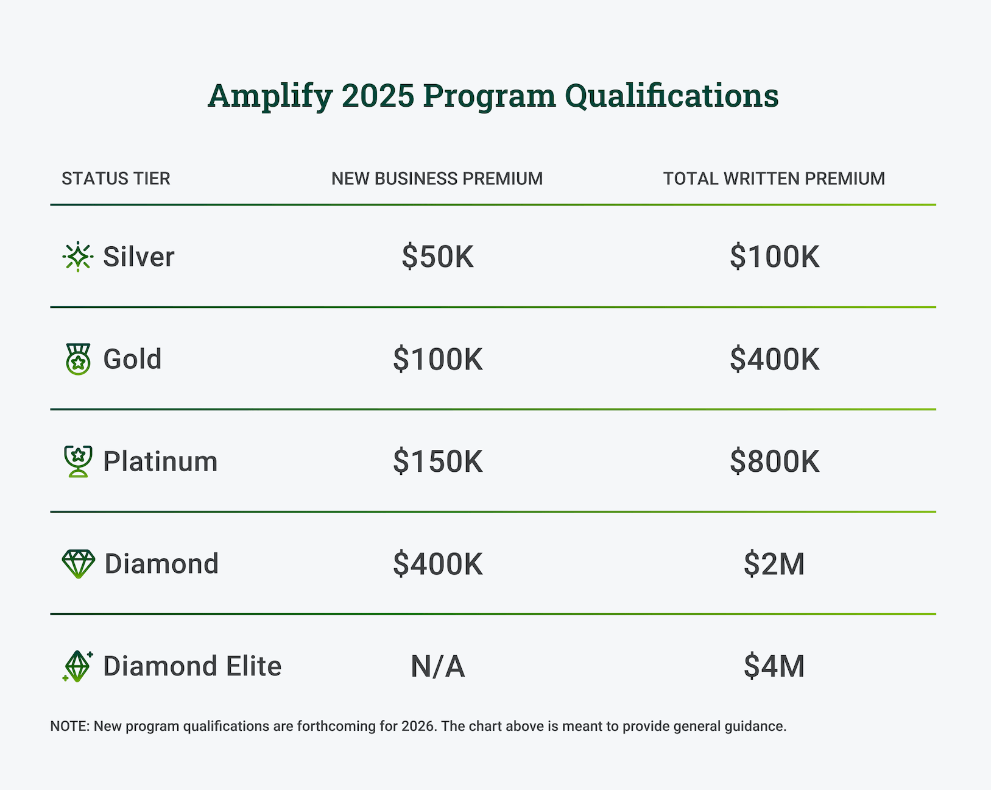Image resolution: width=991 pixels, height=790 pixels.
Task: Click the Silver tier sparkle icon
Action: pos(77,257)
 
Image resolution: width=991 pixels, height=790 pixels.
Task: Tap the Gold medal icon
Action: pos(77,359)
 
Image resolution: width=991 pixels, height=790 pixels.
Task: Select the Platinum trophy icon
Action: pos(77,461)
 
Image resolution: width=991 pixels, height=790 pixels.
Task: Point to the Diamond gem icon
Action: pos(79,564)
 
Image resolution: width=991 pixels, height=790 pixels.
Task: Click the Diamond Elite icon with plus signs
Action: pos(77,666)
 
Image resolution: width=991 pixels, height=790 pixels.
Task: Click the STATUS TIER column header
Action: pos(116,179)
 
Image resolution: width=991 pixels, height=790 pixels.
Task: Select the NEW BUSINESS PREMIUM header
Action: pos(437,179)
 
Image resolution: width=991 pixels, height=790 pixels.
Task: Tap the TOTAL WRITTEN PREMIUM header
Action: pos(774,179)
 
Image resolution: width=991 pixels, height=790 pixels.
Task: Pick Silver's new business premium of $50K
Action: pos(437,257)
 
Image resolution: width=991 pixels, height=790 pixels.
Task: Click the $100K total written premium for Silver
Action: pos(774,257)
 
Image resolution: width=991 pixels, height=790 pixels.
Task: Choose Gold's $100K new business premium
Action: pos(437,359)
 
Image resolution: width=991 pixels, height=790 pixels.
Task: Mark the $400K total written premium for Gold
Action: pos(774,359)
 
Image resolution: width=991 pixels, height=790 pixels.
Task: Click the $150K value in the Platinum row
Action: pos(437,461)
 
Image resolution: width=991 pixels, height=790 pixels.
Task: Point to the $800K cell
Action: pos(774,461)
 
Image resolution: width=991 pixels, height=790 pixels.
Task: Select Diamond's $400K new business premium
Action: pos(437,564)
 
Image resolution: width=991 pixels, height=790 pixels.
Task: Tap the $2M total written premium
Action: pos(774,564)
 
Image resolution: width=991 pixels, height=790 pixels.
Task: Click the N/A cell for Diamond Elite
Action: pos(437,666)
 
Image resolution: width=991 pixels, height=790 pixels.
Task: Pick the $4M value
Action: pos(774,666)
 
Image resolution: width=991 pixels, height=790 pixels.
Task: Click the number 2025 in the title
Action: pos(378,96)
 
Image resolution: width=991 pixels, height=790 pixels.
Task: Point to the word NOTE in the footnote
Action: pos(69,727)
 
